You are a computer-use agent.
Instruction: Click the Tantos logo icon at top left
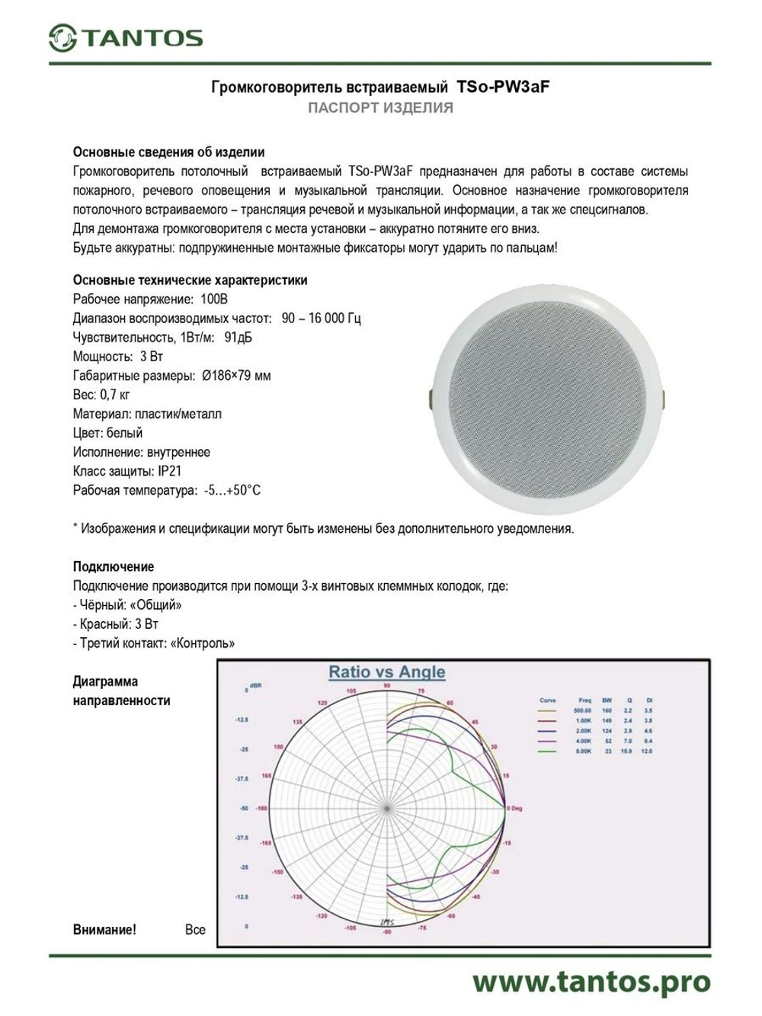point(62,37)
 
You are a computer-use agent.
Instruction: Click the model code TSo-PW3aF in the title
point(503,88)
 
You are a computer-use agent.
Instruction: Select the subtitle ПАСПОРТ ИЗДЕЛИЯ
point(380,108)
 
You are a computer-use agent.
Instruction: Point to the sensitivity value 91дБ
point(239,337)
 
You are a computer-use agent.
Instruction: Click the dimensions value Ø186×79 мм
point(236,375)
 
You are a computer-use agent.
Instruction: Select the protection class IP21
point(170,471)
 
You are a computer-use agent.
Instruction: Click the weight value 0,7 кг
point(115,394)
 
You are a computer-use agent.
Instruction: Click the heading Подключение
point(114,566)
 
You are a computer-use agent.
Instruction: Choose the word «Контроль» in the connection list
point(202,643)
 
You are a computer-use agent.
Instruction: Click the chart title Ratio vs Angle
point(386,672)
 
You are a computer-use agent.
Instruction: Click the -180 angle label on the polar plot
point(261,808)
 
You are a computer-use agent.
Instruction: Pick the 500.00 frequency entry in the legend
point(582,710)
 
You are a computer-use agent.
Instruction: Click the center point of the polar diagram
point(387,807)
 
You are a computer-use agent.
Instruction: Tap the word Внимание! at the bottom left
point(104,929)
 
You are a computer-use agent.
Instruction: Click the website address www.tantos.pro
point(591,982)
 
